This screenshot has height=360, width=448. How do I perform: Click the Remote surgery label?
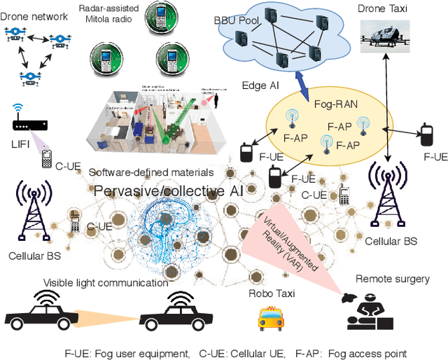click(393, 279)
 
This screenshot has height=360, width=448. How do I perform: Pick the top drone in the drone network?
click(16, 32)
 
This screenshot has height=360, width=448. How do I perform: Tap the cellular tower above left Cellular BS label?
click(32, 209)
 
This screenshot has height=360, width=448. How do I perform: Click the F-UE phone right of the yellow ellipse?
click(424, 133)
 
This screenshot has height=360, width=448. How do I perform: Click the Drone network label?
click(36, 16)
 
